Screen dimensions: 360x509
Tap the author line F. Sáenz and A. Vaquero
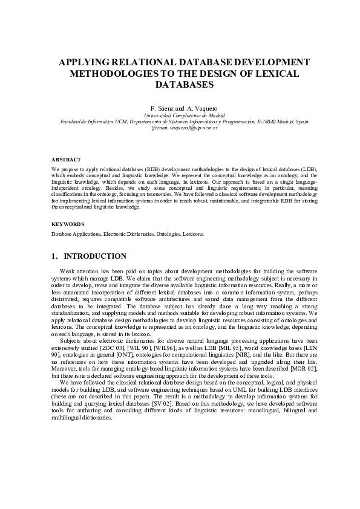coord(180,107)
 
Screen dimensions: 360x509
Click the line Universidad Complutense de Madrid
coord(180,115)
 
